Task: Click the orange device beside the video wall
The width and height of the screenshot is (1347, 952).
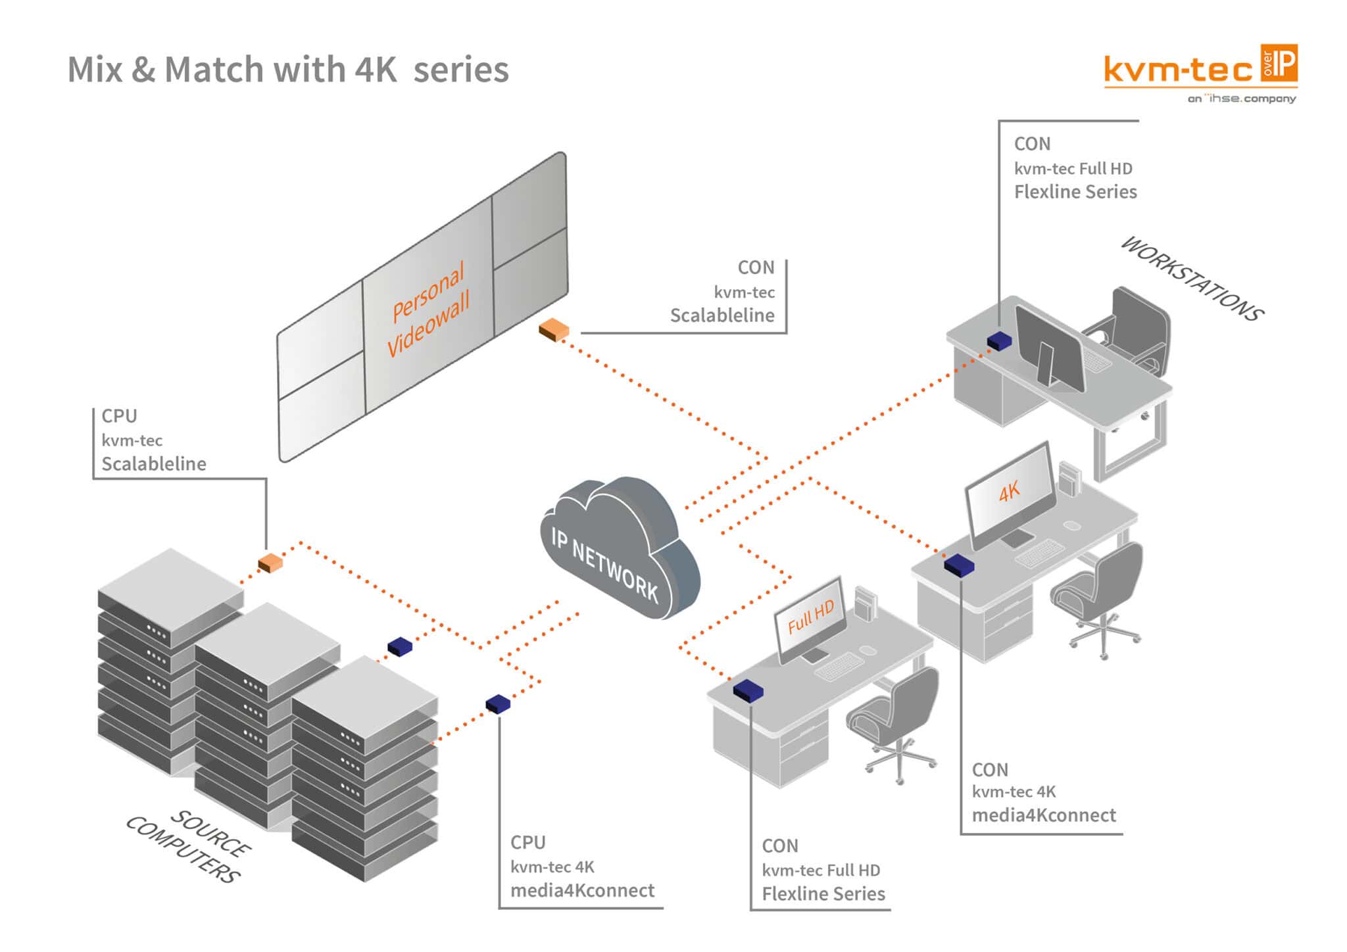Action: (553, 329)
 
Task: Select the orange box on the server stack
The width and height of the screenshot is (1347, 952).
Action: (270, 563)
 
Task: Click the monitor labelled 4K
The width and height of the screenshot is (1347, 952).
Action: (1009, 493)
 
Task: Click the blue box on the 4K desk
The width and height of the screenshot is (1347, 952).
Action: (959, 565)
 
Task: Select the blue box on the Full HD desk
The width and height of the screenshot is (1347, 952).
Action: (748, 690)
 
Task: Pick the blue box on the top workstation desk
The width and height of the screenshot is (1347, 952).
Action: (999, 341)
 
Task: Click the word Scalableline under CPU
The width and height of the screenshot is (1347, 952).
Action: (154, 464)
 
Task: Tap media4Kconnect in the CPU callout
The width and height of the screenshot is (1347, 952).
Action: (582, 891)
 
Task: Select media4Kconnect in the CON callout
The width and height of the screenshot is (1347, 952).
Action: (1044, 816)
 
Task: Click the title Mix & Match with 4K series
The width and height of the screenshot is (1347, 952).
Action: (288, 70)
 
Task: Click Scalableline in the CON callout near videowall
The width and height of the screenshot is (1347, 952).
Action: (722, 316)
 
